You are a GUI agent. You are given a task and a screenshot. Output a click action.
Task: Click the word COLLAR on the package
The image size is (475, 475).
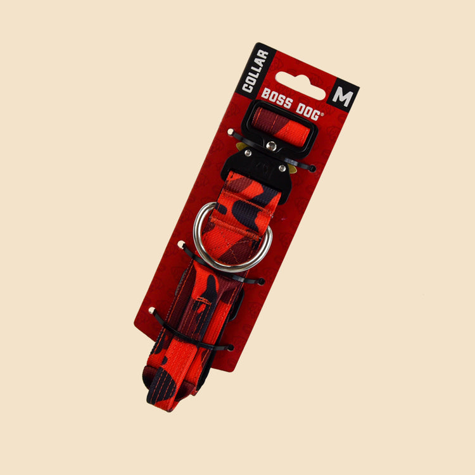(x=255, y=72)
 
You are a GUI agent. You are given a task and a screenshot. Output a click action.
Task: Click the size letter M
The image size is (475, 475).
(x=343, y=97)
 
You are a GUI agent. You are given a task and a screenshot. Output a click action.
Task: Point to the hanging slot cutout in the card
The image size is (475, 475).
(x=300, y=85)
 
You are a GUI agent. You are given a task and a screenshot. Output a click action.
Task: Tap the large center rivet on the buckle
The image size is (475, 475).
(x=271, y=146)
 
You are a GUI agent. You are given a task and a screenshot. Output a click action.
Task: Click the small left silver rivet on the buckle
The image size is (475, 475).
(x=248, y=153)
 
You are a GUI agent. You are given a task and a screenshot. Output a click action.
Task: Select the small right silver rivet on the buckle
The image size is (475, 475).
(x=282, y=168)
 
